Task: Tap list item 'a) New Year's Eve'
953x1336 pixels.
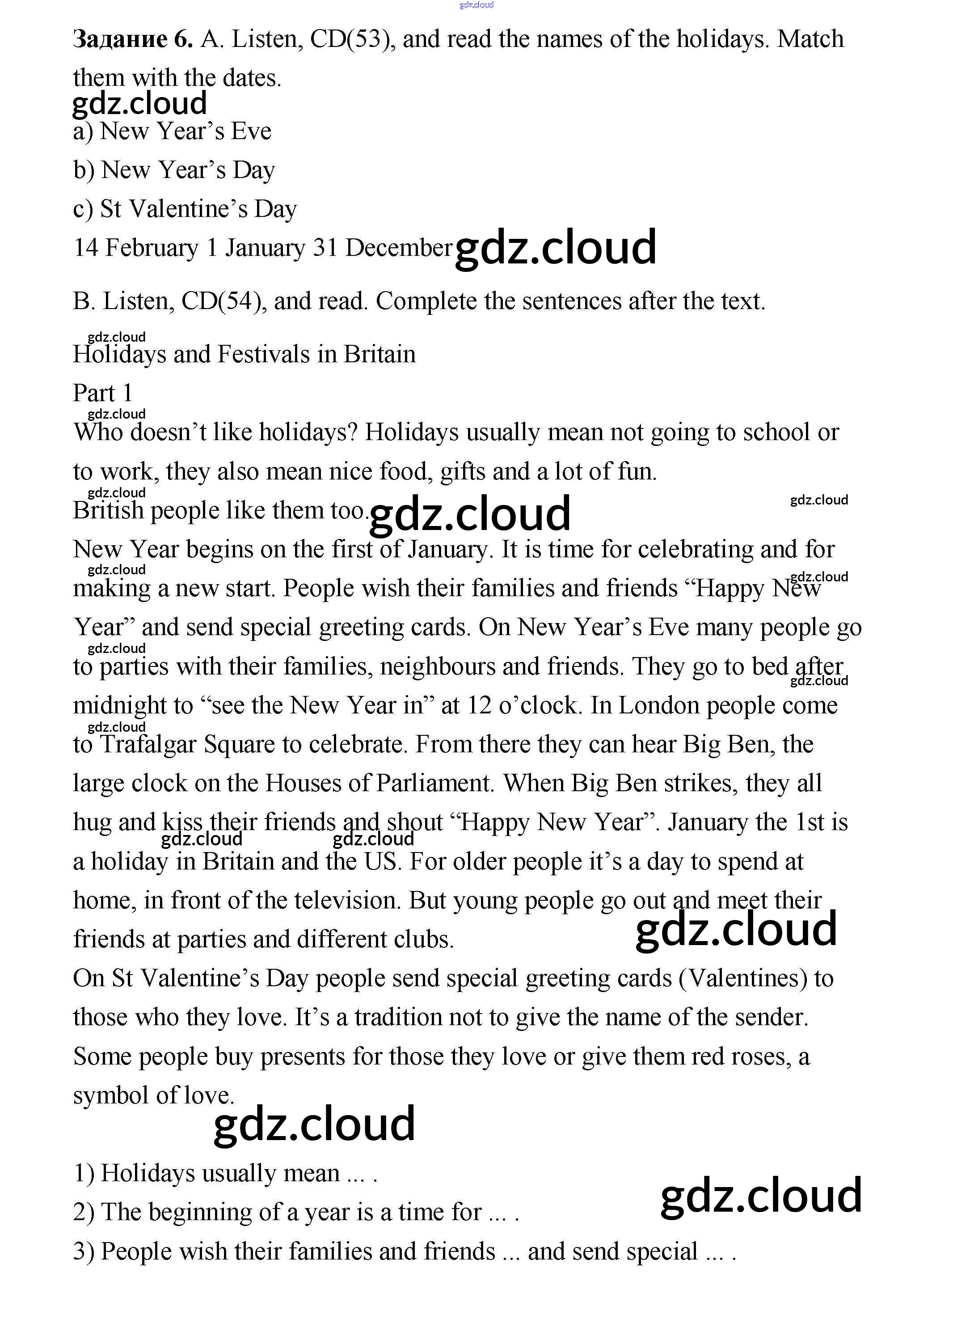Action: [x=172, y=131]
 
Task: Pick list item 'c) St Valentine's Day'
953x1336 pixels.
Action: [x=185, y=209]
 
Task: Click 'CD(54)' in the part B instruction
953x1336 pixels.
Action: [x=221, y=301]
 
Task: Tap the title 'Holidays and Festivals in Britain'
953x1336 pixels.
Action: [x=244, y=354]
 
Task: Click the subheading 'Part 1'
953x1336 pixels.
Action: [x=103, y=393]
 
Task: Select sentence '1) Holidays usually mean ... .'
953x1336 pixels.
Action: [x=225, y=1173]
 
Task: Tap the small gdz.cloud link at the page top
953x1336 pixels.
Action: [x=476, y=5]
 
